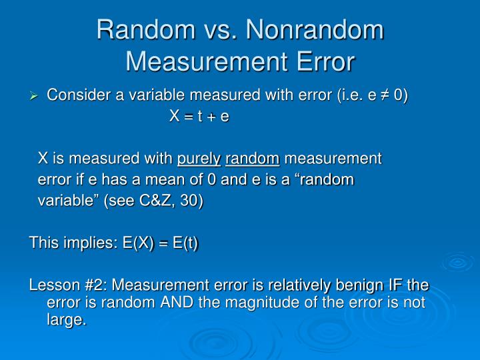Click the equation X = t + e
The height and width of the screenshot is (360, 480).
coord(199,117)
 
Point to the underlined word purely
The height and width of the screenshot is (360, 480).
coord(199,159)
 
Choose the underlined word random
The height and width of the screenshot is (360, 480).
coord(253,159)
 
